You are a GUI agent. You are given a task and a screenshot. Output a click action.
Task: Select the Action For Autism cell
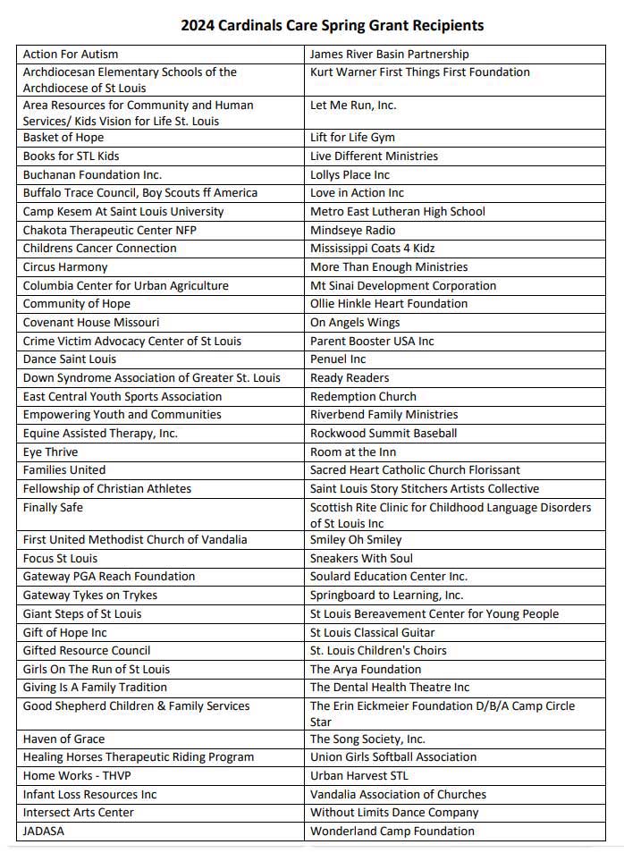(71, 55)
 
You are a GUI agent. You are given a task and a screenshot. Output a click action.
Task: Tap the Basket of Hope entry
(63, 138)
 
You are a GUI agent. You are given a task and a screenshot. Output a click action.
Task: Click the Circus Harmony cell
(65, 266)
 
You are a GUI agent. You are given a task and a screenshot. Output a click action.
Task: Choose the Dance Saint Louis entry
(70, 359)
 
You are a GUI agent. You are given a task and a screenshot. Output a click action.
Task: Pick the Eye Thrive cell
(50, 452)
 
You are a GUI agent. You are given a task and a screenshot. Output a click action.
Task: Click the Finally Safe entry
(53, 507)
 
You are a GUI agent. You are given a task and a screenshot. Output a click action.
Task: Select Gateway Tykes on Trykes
(90, 595)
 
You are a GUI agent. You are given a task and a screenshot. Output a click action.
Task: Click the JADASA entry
(44, 831)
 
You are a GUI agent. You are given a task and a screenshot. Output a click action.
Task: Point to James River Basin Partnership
(390, 55)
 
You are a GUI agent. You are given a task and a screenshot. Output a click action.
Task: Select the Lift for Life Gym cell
(352, 138)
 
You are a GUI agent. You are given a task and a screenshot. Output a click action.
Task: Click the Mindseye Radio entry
(352, 230)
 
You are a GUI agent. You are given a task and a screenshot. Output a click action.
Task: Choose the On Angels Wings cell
(355, 322)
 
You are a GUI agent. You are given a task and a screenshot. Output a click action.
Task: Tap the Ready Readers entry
(350, 377)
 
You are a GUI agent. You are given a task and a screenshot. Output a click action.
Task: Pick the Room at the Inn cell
(353, 452)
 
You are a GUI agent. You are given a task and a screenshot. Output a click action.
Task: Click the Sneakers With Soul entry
(361, 558)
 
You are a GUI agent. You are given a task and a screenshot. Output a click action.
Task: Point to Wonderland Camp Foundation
(392, 831)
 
